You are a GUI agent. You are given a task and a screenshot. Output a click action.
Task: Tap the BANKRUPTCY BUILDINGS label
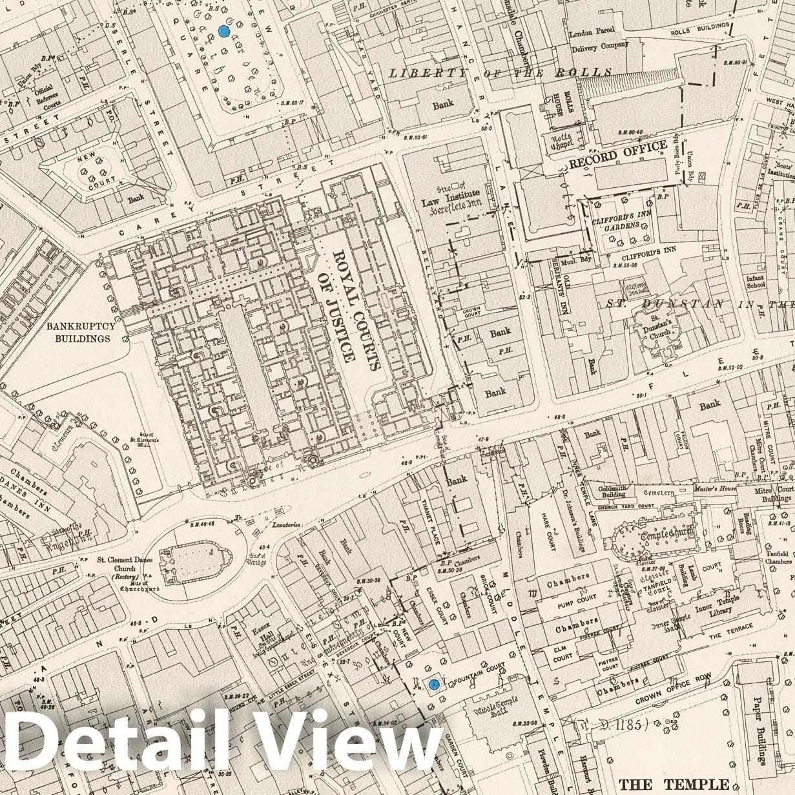click(x=81, y=332)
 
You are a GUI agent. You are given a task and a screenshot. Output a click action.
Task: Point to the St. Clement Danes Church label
click(x=125, y=563)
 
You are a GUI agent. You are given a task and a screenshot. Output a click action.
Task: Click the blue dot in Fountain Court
click(x=434, y=684)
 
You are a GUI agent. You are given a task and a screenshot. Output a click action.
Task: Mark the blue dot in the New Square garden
click(x=224, y=30)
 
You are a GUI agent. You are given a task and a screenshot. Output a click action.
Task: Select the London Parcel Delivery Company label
click(x=598, y=39)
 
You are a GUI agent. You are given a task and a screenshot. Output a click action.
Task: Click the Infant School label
click(x=755, y=282)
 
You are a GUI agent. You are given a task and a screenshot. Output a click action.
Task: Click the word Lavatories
click(x=286, y=525)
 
